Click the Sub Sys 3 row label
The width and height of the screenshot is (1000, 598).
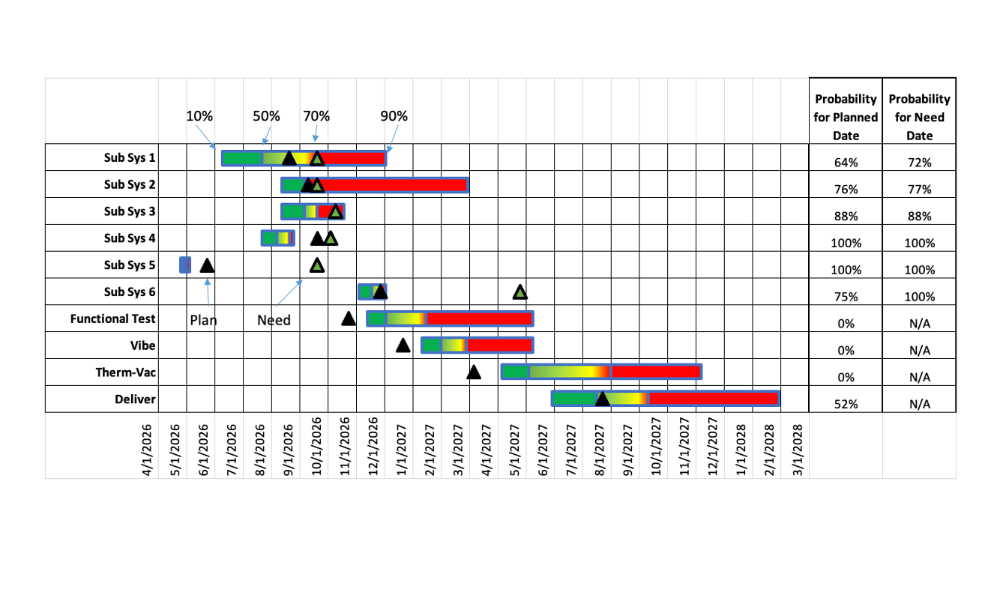point(130,211)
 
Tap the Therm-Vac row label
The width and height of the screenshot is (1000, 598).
point(125,372)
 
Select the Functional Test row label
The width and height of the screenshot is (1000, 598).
point(113,318)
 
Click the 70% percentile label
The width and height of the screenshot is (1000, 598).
point(316,116)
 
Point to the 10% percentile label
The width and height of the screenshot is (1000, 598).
point(199,116)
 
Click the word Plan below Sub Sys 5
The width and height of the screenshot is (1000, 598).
point(203,321)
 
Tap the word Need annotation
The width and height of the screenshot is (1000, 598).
point(274,321)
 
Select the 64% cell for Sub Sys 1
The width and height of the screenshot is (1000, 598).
point(846,163)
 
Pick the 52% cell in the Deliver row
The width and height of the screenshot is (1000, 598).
point(846,404)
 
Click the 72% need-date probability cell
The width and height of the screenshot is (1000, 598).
point(919,163)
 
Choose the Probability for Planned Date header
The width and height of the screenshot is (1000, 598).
point(846,117)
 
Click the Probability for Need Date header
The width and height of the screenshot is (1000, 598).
point(919,117)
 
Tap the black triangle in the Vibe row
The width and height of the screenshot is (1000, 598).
point(403,345)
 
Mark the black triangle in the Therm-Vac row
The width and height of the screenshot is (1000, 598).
point(474,372)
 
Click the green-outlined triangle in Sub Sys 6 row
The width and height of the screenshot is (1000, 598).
point(520,292)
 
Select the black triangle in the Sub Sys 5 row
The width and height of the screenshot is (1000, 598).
point(207,265)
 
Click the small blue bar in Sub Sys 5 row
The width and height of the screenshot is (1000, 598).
point(185,265)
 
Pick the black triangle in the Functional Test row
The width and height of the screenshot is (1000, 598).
point(349,319)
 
